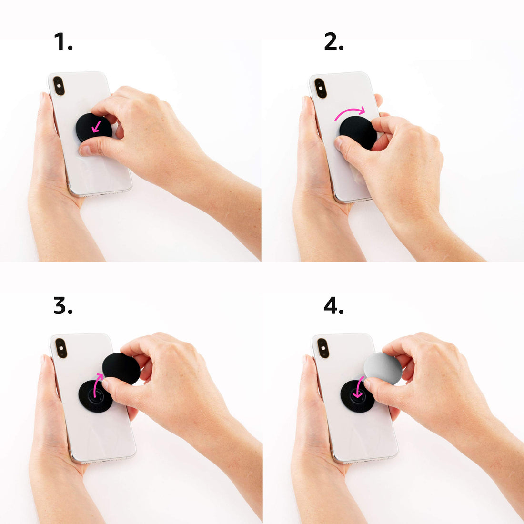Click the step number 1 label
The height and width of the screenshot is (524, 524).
[63, 42]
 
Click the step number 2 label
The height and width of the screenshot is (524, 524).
[333, 42]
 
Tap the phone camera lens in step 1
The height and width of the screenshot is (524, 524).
[59, 86]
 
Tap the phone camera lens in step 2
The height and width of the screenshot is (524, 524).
[321, 89]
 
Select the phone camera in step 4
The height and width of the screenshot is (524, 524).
[323, 348]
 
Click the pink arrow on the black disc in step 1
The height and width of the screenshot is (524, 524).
[96, 126]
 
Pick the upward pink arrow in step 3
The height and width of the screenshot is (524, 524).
[97, 385]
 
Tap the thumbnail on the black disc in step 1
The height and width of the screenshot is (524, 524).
[85, 151]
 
